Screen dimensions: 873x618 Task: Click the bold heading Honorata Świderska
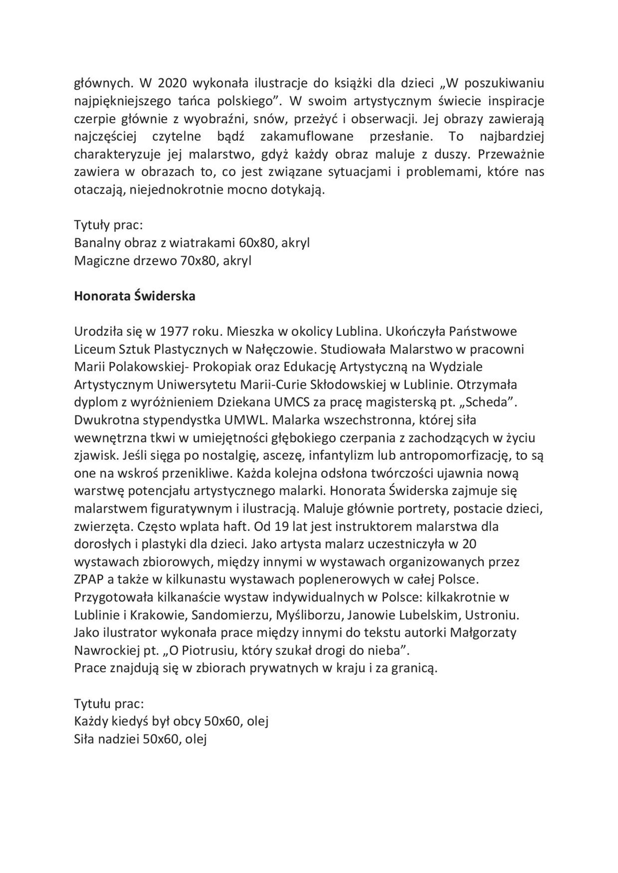(135, 296)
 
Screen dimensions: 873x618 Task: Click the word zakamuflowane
(307, 136)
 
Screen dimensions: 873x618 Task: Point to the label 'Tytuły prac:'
(109, 226)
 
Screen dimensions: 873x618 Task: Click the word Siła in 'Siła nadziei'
(86, 740)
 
